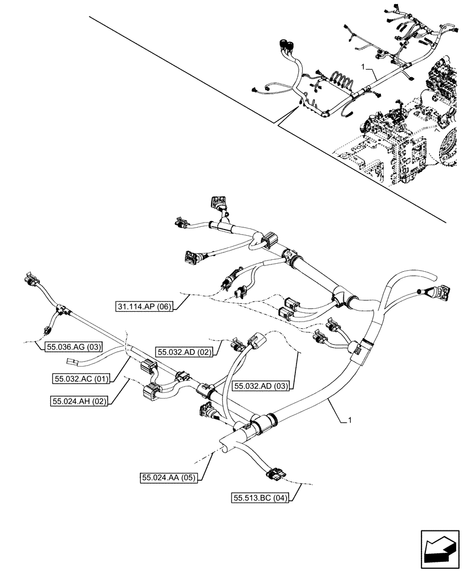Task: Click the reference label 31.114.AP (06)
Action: tap(144, 306)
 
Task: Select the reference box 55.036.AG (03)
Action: tap(74, 347)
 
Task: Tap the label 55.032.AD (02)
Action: tap(184, 352)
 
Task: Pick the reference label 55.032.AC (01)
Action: tap(81, 379)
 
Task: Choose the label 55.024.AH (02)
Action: tap(79, 401)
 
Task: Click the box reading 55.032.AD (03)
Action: tap(261, 386)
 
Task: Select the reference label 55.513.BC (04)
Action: tap(260, 498)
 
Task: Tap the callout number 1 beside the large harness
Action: tap(350, 421)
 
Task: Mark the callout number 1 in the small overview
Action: tap(363, 67)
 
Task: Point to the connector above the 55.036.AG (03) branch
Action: tap(30, 279)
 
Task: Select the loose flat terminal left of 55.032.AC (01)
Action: tap(71, 361)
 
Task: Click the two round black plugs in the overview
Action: tap(287, 46)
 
